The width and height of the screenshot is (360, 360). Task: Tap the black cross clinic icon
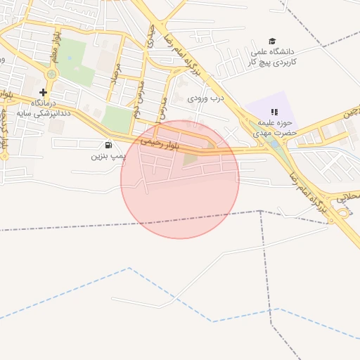(44, 92)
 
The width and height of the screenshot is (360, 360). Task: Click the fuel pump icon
(107, 145)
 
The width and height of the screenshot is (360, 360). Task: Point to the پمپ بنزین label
(91, 155)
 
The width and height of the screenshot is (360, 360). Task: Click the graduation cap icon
(273, 41)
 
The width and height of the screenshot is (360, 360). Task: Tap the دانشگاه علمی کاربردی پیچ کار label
(274, 56)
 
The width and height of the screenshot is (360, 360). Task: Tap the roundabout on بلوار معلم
(50, 74)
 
